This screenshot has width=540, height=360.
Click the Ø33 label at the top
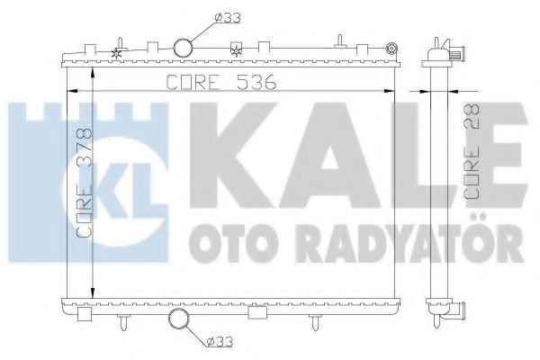[x=228, y=18]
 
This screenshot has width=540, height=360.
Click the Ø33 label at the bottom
[x=220, y=341]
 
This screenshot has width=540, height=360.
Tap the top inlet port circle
[x=183, y=48]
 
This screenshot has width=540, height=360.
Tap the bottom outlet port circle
[x=179, y=319]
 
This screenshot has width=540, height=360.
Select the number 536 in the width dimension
[x=256, y=83]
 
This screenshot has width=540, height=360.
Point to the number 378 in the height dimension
[x=85, y=147]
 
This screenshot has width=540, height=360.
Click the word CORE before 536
[x=193, y=83]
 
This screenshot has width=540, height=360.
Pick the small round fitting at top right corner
[x=391, y=49]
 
